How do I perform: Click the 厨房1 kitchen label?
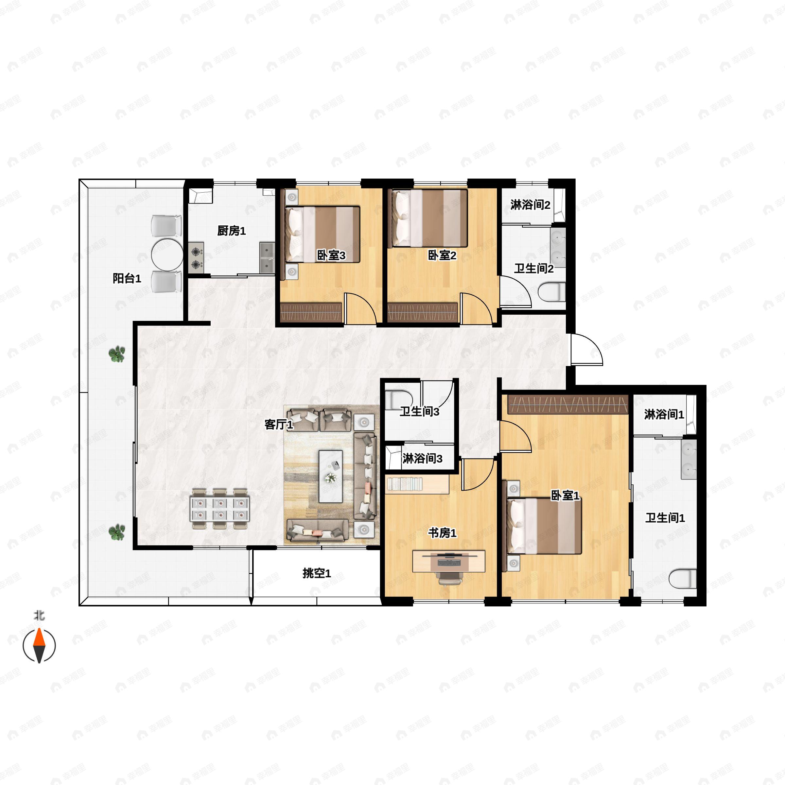231,231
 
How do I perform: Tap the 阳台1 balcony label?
127,278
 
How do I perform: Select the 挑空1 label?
317,573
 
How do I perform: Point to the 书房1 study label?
442,533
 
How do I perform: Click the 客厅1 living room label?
278,425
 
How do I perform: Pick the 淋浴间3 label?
422,459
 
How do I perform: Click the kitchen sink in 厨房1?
267,258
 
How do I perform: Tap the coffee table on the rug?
330,476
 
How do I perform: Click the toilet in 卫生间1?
683,579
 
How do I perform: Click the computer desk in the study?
448,561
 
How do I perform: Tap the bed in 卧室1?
544,526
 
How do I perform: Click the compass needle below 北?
39,646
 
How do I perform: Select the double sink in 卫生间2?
558,247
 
